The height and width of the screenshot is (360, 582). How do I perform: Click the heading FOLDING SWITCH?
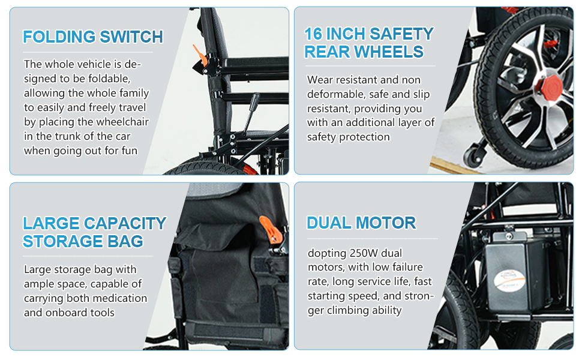tap(93, 37)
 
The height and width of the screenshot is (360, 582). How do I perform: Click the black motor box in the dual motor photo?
tap(513, 273)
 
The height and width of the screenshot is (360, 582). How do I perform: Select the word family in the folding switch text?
tap(133, 93)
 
